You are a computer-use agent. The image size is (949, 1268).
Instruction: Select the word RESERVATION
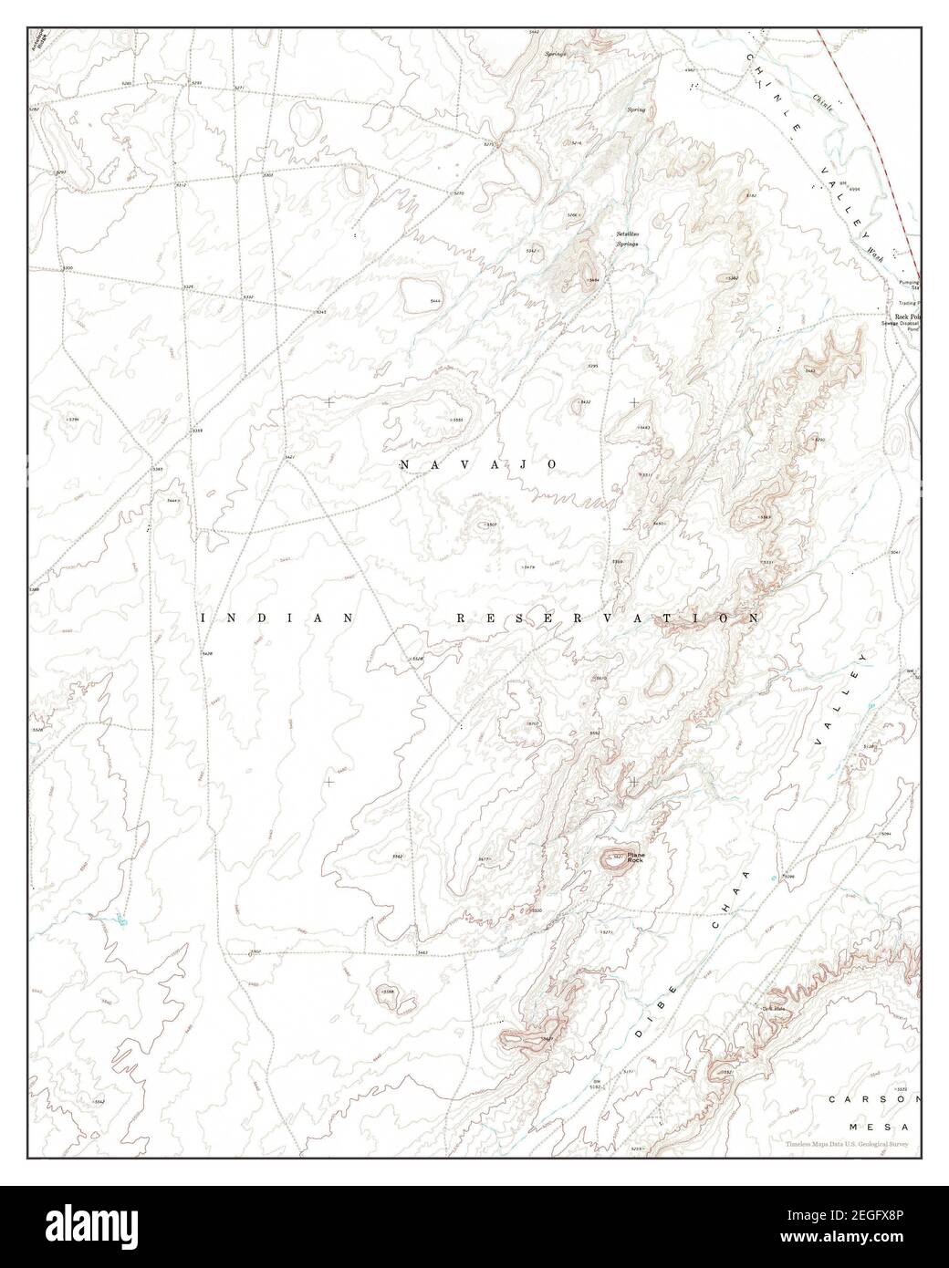click(607, 618)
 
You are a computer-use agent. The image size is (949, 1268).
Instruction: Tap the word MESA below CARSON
click(883, 1128)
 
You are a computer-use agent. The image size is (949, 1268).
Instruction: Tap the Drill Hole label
click(774, 1008)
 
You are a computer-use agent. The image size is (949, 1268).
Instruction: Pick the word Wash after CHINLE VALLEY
click(876, 242)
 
